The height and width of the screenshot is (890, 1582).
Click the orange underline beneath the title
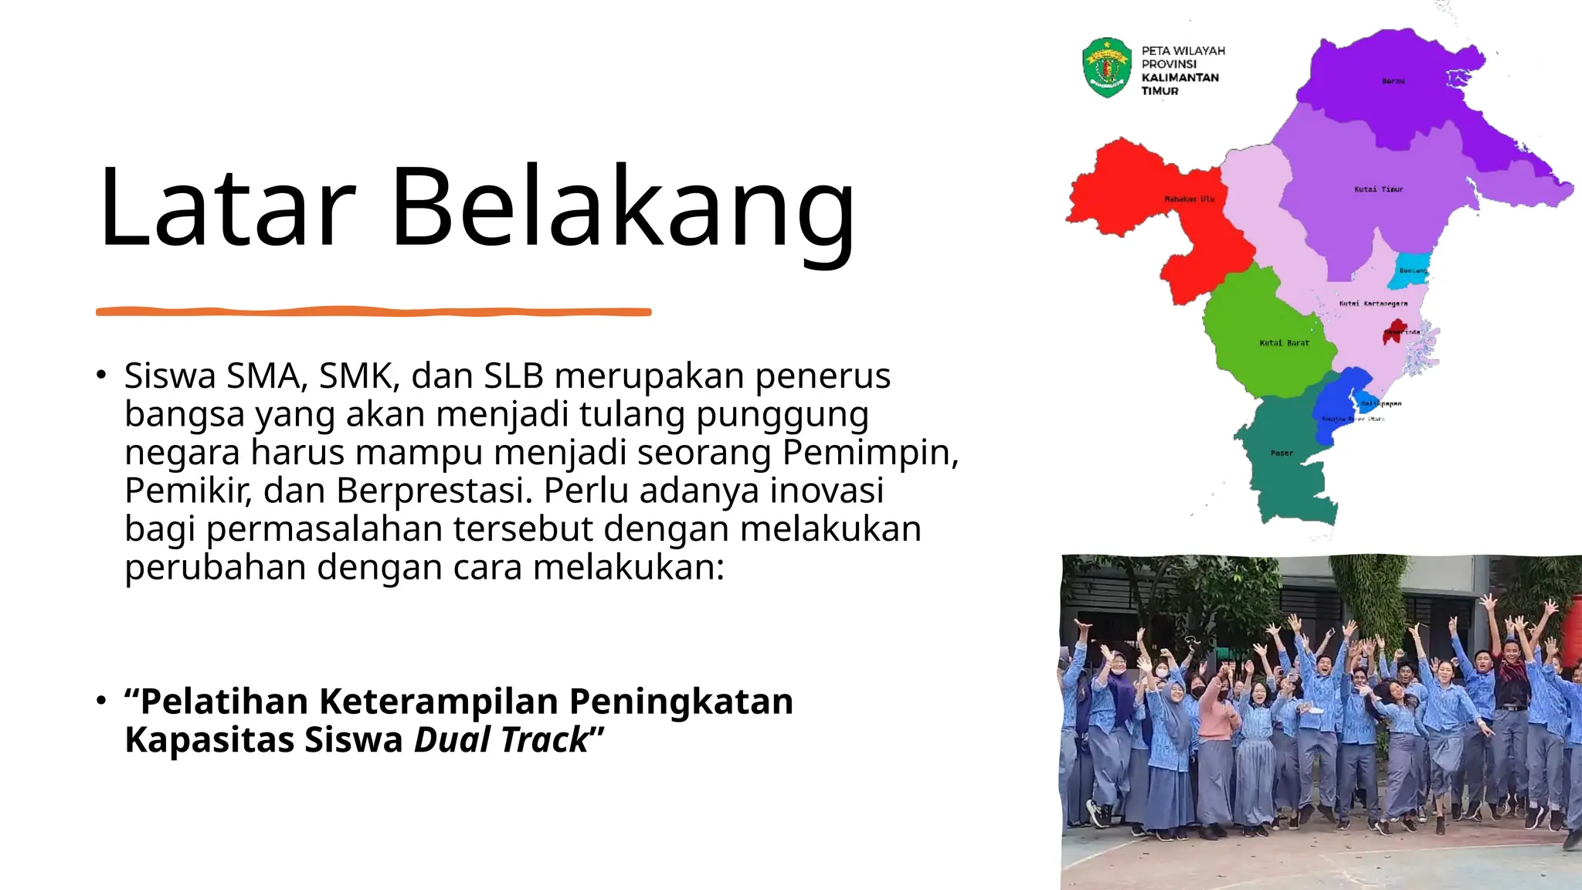tap(373, 311)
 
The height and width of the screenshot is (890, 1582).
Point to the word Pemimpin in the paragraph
tap(870, 453)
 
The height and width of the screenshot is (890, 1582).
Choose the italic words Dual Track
tap(501, 740)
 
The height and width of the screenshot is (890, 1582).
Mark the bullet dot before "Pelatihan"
tap(100, 700)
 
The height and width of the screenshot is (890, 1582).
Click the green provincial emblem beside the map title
tap(1107, 68)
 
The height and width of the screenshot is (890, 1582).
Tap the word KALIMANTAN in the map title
tap(1180, 77)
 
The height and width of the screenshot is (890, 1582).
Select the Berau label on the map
tap(1393, 81)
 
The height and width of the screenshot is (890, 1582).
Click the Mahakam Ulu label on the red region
tap(1190, 199)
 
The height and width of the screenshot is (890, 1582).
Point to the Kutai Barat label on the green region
tap(1284, 343)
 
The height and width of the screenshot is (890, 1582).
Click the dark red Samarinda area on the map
tap(1393, 333)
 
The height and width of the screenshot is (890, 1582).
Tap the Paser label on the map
tap(1282, 453)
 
